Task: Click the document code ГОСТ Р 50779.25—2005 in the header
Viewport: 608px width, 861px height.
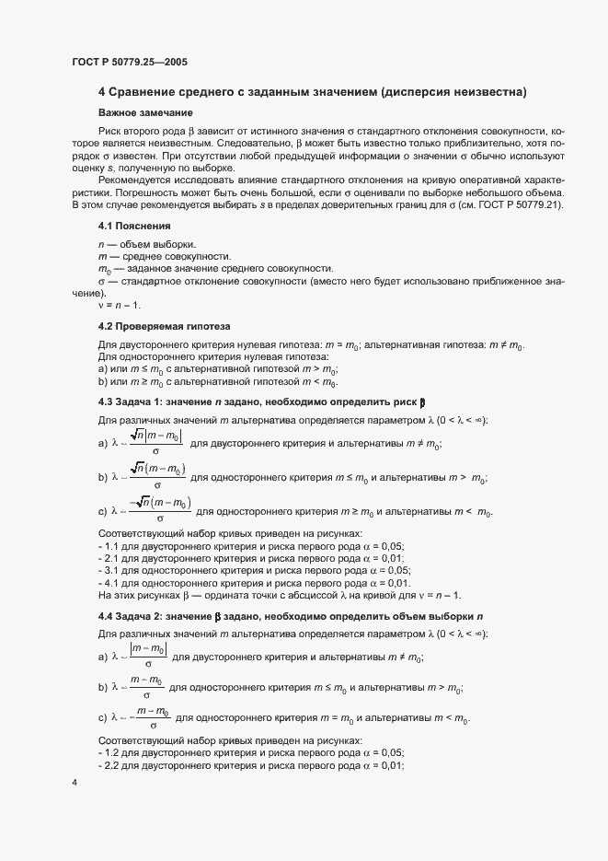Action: point(131,61)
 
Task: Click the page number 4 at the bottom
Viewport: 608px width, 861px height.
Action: point(74,783)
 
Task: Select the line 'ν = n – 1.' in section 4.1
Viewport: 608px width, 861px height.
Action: point(120,306)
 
